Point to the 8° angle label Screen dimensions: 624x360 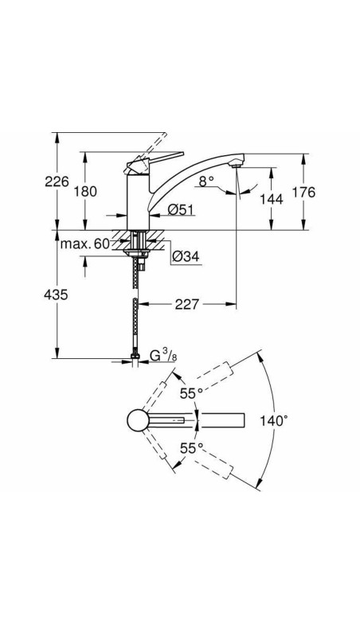(x=207, y=182)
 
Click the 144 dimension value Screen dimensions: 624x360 (x=272, y=199)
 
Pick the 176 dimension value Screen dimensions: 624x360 (x=327, y=192)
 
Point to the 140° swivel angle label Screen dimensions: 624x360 (x=273, y=420)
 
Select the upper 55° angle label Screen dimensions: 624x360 (x=190, y=393)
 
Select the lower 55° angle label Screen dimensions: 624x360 (x=190, y=448)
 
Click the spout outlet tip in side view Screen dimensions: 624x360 (x=234, y=163)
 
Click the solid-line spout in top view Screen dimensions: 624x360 (x=223, y=421)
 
